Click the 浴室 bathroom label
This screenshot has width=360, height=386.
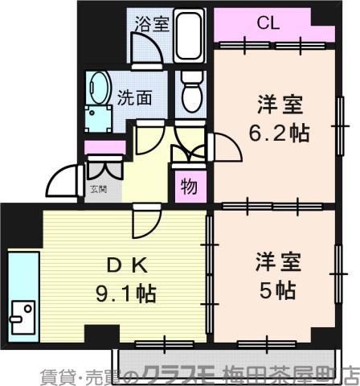click(x=153, y=23)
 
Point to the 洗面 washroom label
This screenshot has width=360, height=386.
click(x=134, y=98)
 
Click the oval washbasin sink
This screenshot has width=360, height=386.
click(x=100, y=86)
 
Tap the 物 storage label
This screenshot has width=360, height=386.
click(x=189, y=187)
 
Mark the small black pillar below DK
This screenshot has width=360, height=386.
click(x=100, y=333)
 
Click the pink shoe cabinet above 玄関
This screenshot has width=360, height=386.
click(x=104, y=147)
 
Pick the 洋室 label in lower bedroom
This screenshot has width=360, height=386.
click(x=278, y=261)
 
